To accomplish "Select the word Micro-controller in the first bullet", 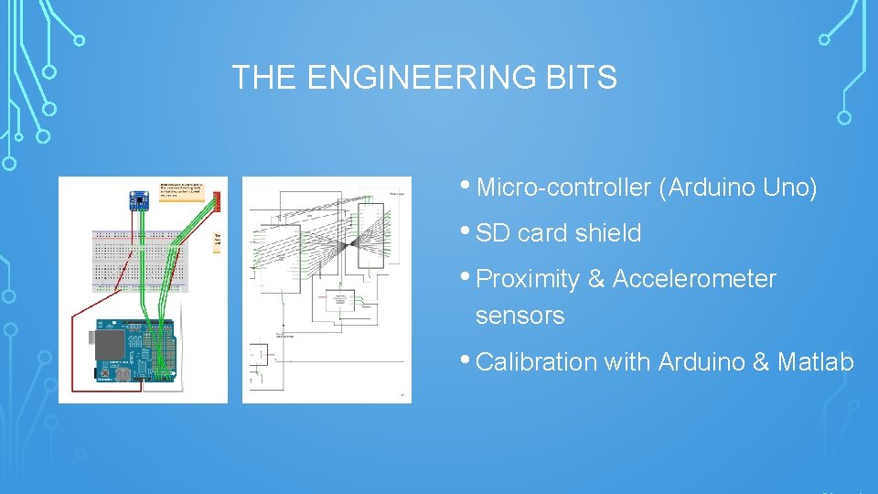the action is [563, 188].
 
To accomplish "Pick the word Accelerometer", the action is [694, 279].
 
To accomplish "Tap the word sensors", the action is [519, 316].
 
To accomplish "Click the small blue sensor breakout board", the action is [142, 198].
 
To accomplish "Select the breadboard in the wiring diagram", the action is [143, 262].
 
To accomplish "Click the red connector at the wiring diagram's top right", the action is [217, 199].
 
